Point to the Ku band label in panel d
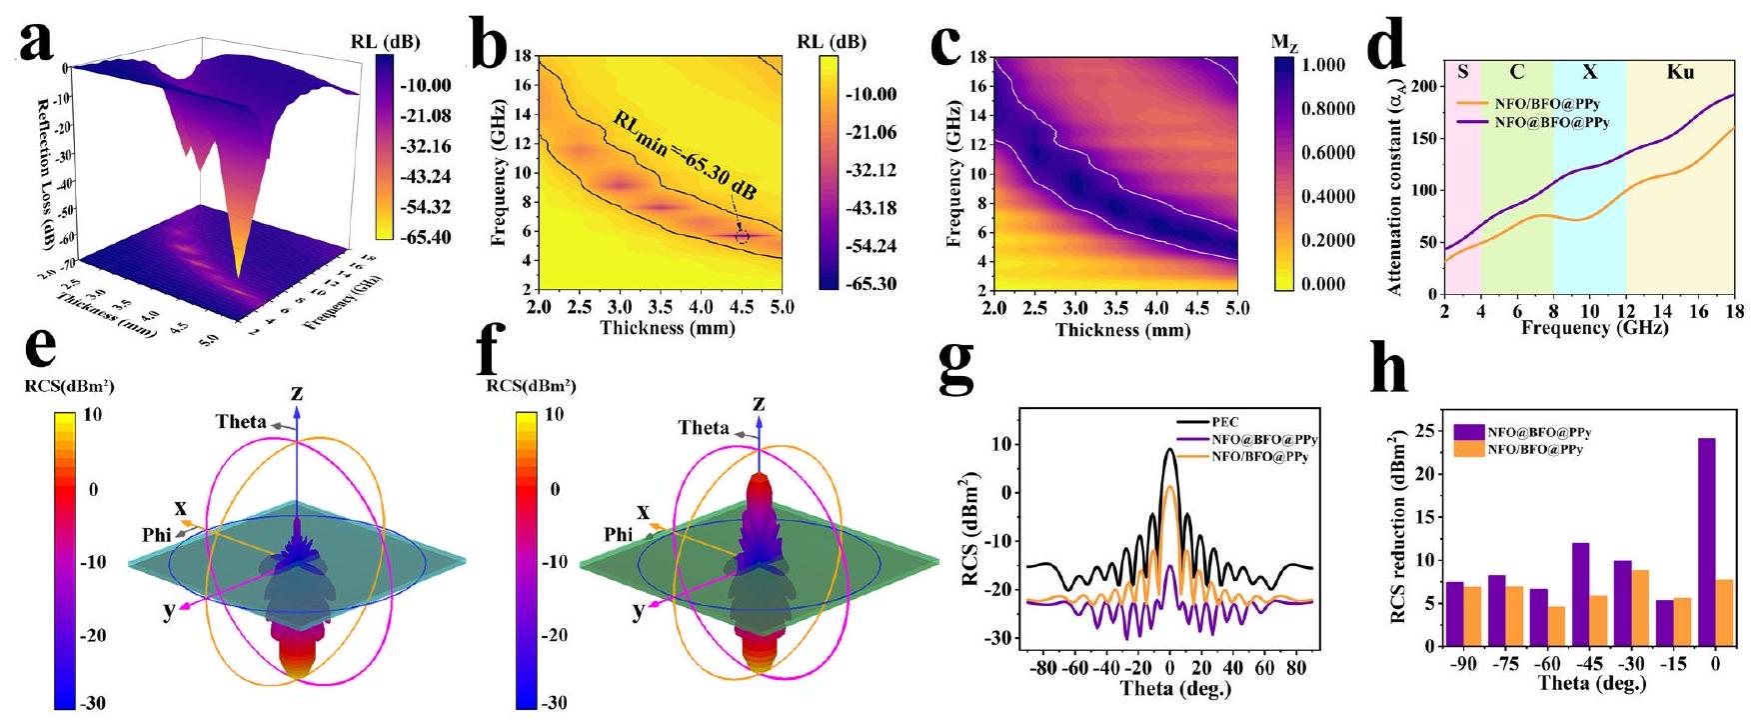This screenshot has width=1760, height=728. pos(1680,72)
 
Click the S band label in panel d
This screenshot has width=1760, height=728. pos(1462,72)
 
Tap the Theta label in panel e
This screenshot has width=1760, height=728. pos(241,422)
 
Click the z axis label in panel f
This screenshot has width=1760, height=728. pos(760,403)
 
